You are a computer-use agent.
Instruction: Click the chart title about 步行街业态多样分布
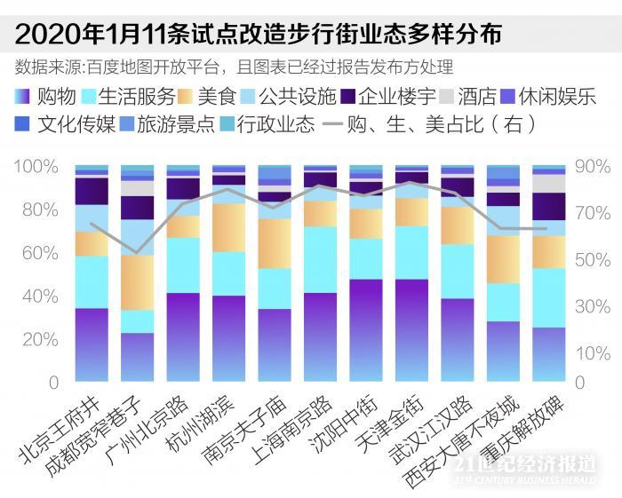click(259, 34)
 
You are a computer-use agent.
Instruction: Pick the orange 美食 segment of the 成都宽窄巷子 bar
click(138, 282)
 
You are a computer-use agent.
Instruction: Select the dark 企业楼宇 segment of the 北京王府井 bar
click(92, 191)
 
